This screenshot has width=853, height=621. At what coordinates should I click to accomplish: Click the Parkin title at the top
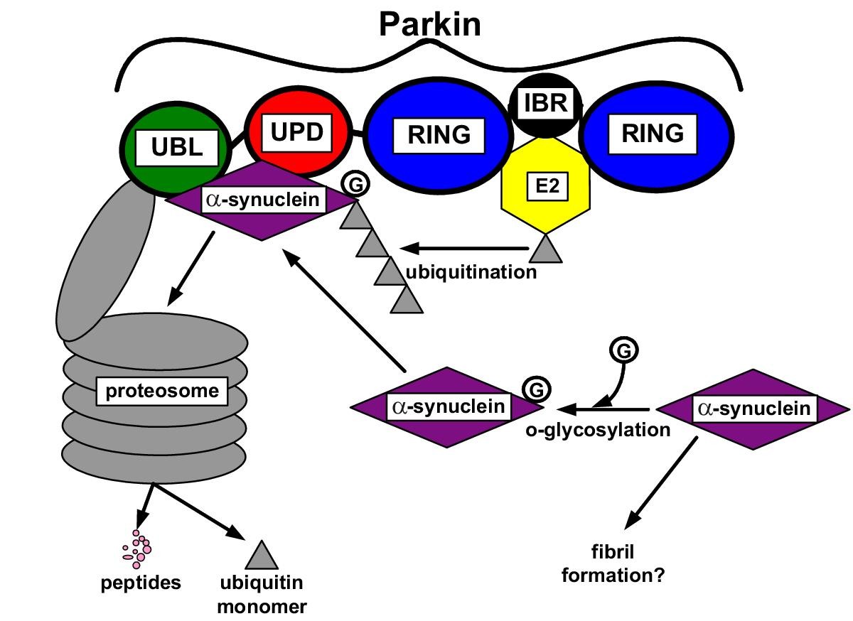429,23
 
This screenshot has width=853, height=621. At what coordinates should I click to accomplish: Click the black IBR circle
546,104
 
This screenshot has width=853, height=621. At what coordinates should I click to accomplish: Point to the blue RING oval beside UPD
439,134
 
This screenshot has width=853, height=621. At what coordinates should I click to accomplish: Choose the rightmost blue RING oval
653,134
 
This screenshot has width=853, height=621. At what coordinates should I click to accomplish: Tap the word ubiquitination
471,272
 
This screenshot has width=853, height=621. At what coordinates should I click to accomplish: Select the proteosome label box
161,391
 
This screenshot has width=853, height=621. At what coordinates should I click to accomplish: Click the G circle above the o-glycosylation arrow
623,350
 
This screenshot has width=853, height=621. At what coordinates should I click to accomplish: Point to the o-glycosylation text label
598,430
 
